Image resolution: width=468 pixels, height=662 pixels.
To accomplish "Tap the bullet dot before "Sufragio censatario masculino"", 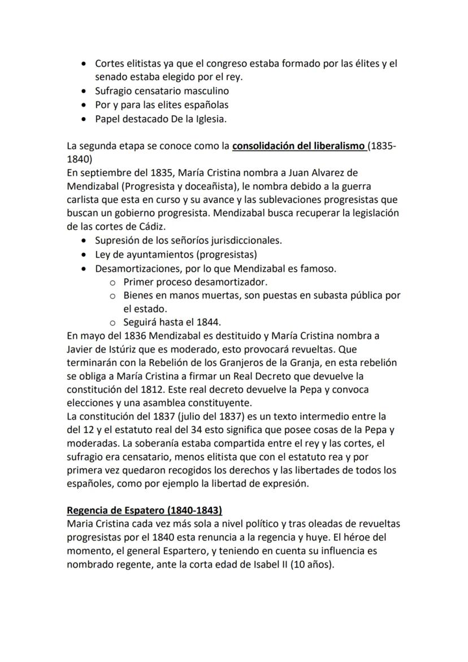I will (84, 91).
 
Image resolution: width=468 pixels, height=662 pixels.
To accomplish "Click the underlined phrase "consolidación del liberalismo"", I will (298, 146).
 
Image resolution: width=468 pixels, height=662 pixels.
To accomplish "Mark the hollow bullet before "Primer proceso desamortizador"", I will (112, 282).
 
